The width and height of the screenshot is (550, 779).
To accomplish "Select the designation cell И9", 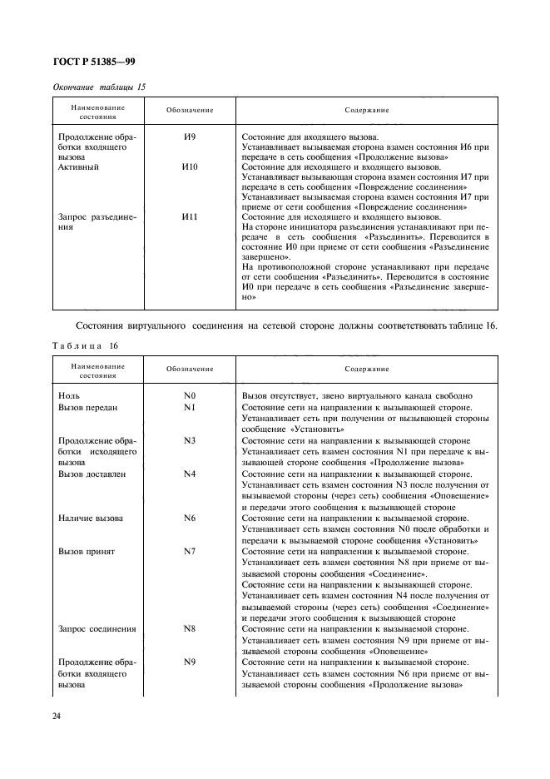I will [x=190, y=136].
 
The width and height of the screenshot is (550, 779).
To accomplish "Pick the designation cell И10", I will [x=190, y=167].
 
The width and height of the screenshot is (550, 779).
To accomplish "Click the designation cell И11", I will [x=190, y=216].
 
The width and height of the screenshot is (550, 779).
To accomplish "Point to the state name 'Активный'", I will [x=79, y=167].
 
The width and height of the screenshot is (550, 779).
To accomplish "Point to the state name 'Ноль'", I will [x=69, y=395].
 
